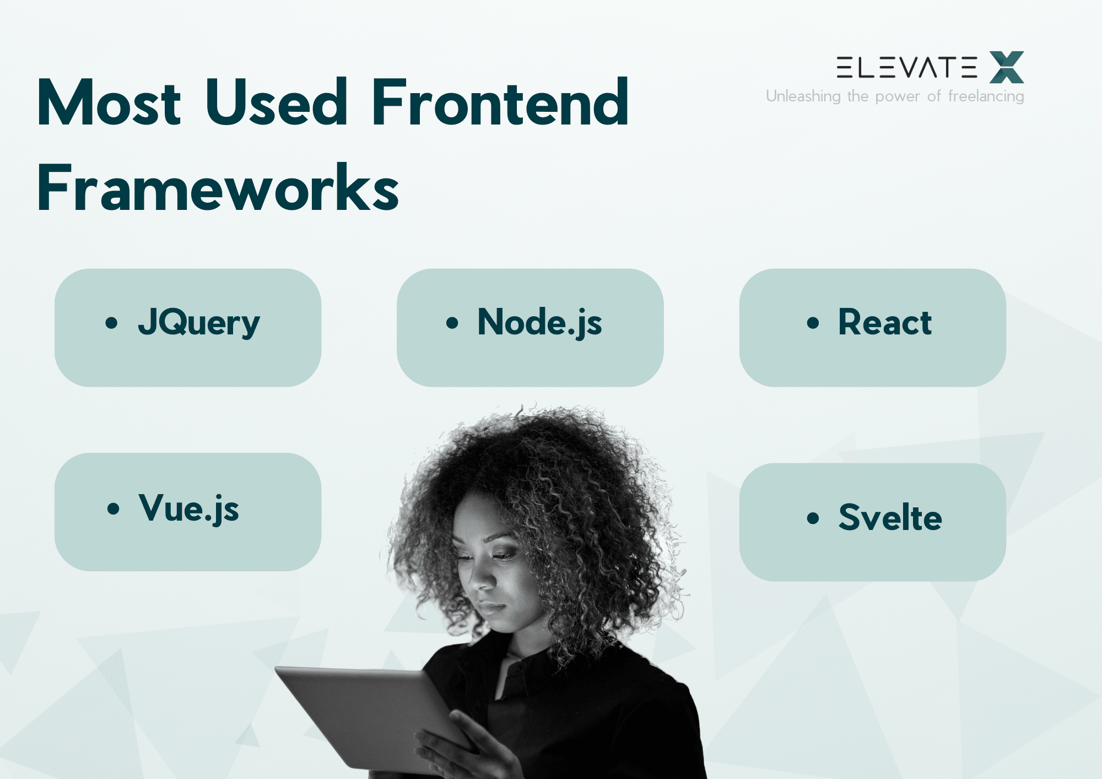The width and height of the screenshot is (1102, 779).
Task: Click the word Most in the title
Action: point(109,103)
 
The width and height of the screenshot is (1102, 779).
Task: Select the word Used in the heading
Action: point(276,103)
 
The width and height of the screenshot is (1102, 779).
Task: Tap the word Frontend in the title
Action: point(500,103)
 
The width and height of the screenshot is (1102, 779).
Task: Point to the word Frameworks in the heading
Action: point(218,188)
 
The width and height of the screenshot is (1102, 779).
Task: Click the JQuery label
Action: point(198,322)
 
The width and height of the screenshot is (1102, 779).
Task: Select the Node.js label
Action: point(539,322)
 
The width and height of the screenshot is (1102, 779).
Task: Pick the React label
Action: point(884,322)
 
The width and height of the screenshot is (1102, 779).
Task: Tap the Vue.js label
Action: point(188,508)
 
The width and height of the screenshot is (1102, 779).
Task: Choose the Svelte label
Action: point(890,518)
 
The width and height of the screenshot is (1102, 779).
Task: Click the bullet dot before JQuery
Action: point(111,323)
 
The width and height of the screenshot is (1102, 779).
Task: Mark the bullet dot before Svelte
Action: point(813,518)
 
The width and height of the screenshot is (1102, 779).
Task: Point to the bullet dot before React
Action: point(813,323)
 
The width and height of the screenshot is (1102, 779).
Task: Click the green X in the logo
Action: point(1006,67)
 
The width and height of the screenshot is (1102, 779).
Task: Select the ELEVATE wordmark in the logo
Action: point(906,67)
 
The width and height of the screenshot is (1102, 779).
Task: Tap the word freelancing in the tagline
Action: point(986,96)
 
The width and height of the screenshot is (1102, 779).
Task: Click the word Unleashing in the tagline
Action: point(803,96)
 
